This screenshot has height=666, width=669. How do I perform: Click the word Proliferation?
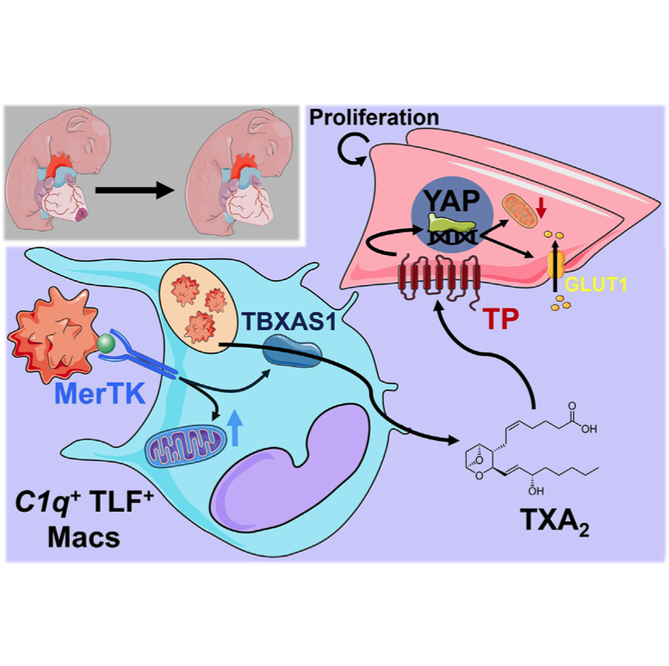pyautogui.click(x=374, y=117)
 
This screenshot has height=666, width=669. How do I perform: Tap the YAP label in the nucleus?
pyautogui.click(x=452, y=200)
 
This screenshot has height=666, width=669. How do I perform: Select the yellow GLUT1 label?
pyautogui.click(x=596, y=284)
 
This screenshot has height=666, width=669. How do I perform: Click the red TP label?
pyautogui.click(x=500, y=318)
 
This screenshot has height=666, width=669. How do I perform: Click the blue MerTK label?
pyautogui.click(x=100, y=393)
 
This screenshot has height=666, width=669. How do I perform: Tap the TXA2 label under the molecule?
pyautogui.click(x=554, y=520)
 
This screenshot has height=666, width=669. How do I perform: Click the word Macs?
pyautogui.click(x=84, y=537)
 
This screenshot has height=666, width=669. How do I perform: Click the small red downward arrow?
pyautogui.click(x=541, y=208)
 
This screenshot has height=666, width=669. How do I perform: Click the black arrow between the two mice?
pyautogui.click(x=135, y=190)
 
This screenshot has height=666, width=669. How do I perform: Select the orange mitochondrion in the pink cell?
pyautogui.click(x=519, y=211)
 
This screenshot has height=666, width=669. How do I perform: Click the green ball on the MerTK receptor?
pyautogui.click(x=106, y=343)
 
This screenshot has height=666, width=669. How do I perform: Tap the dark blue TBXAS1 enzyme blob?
pyautogui.click(x=292, y=352)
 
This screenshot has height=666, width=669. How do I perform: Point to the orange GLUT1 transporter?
pyautogui.click(x=555, y=265)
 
